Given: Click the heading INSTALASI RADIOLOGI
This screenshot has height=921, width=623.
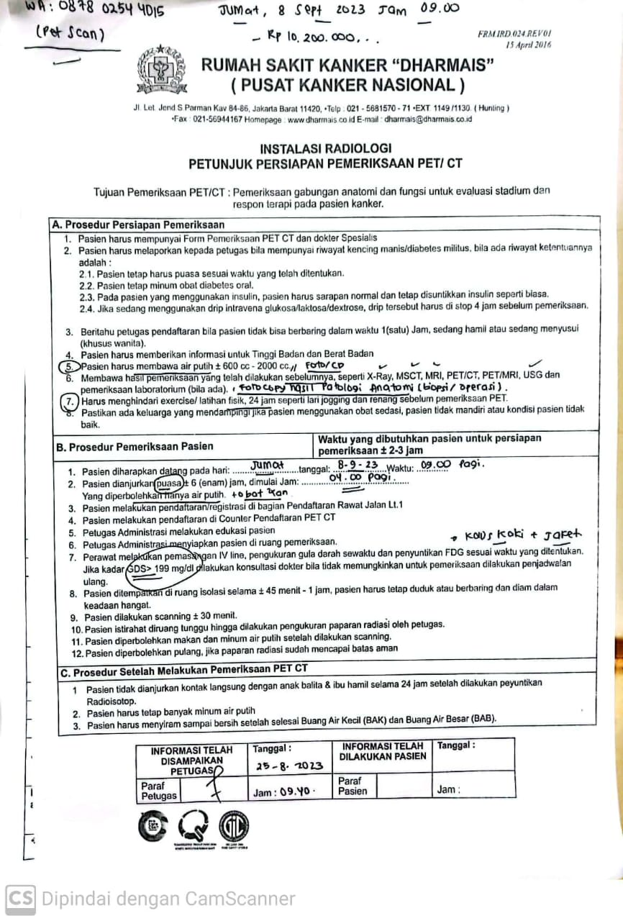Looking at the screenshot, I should click(x=326, y=148).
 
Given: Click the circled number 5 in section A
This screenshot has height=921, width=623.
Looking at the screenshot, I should click(x=65, y=365).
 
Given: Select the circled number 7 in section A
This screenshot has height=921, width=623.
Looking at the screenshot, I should click(x=68, y=399).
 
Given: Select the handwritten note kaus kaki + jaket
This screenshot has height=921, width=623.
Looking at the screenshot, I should click(x=524, y=535).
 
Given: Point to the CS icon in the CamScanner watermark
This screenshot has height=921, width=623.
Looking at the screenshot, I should click(x=20, y=898).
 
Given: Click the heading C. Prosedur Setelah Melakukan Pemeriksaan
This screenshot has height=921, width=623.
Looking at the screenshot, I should click(x=185, y=668).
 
